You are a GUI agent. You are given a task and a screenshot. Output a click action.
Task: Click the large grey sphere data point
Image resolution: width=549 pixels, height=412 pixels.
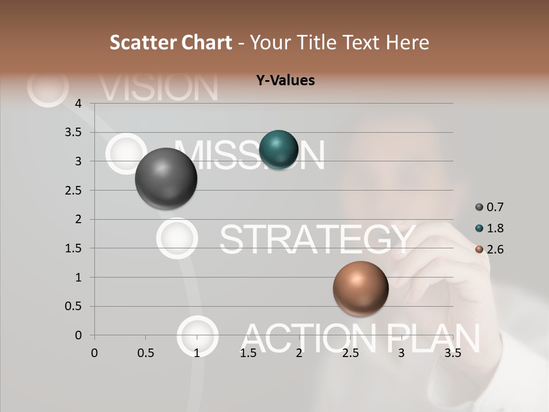point(166,179)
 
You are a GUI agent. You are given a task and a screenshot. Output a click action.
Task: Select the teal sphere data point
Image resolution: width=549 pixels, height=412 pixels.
point(279,150)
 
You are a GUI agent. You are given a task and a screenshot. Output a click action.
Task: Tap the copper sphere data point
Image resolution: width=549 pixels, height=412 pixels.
point(360,288)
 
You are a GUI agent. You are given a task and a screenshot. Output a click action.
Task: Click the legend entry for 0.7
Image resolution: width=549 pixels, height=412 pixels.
point(490,207)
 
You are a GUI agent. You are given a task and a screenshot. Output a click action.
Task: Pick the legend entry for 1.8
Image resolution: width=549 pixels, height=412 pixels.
point(490,228)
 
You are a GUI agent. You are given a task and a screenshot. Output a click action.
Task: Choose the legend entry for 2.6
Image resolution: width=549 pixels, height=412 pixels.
point(490,249)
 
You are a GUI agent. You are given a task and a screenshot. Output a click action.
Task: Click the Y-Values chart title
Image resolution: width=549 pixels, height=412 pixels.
point(285,80)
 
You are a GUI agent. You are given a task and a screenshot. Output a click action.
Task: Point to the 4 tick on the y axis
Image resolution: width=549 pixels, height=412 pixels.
point(78,104)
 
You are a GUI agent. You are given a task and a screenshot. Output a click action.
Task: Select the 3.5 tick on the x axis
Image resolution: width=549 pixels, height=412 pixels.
point(452,353)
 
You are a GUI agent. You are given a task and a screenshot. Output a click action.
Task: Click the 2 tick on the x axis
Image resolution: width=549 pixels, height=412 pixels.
point(299,353)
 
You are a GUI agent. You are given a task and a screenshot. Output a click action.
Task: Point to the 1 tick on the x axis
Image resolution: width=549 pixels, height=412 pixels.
point(197,353)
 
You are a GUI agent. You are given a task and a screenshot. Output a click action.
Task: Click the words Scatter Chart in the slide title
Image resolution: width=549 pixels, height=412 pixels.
point(170,42)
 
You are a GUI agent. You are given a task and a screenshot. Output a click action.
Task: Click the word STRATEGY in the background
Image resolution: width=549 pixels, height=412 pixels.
point(317,239)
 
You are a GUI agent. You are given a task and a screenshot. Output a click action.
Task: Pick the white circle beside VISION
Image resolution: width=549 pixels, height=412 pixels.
point(48,87)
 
